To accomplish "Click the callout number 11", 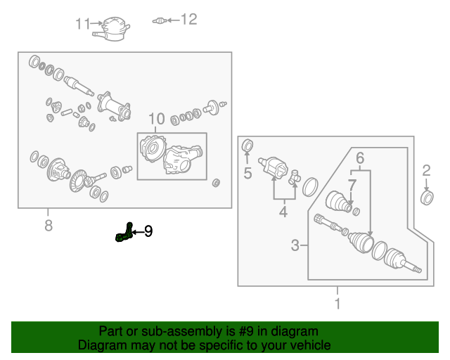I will [x=82, y=24].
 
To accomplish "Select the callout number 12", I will [x=189, y=20].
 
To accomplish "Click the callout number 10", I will [x=156, y=119].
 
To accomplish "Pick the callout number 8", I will [x=48, y=226].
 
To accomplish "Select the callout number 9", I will [x=148, y=231].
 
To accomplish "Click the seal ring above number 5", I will [x=247, y=146].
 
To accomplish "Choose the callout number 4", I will [x=283, y=210].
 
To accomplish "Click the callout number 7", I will [x=352, y=184].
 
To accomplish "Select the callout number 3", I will [x=295, y=245].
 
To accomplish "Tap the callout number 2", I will [x=426, y=169].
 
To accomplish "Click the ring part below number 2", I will [x=426, y=196].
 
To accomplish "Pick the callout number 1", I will [x=337, y=304].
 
